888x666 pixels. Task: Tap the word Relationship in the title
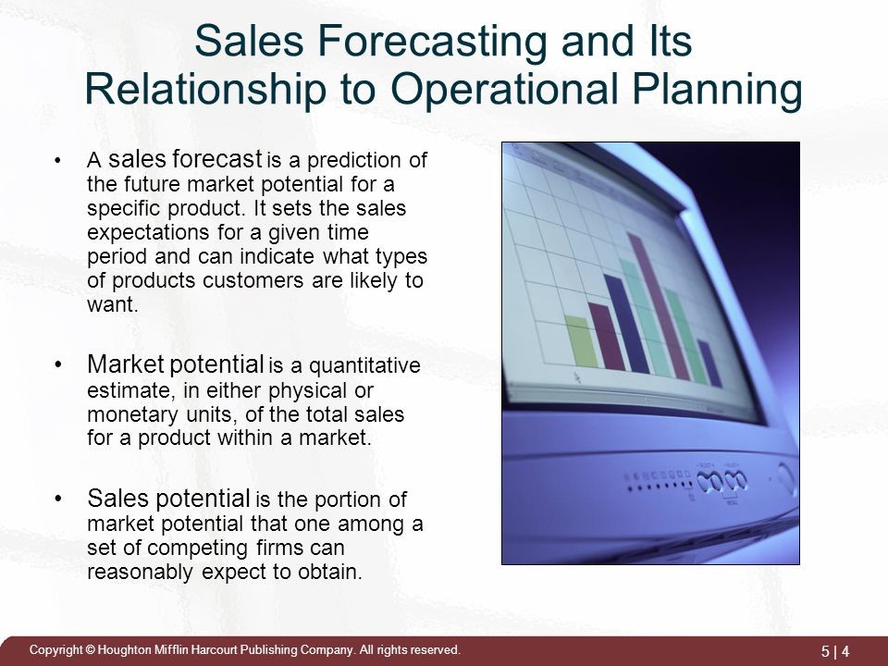point(205,90)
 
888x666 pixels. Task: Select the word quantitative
point(364,366)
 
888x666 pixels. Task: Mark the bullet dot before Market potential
point(57,364)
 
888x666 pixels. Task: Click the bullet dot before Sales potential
point(57,499)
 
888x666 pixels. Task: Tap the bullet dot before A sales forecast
point(57,161)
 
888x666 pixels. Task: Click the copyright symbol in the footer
point(90,650)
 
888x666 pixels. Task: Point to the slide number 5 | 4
point(835,651)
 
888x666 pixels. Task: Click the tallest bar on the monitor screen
point(659,306)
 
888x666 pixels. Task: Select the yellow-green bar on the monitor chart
point(581,341)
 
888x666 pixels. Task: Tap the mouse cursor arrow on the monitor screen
point(577,377)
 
